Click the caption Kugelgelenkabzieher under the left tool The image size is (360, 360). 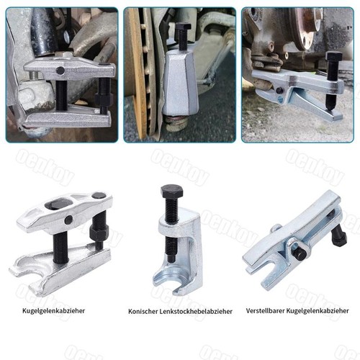pos(54,311)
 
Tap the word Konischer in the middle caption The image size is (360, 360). pos(143,312)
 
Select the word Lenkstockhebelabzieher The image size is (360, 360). pos(196,312)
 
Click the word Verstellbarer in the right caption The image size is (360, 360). pos(265,311)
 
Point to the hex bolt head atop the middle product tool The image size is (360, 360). pos(172,191)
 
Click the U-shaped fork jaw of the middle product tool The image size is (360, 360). pos(171,281)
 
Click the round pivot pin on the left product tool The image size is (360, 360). pos(68,220)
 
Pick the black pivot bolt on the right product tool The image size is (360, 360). pos(300,253)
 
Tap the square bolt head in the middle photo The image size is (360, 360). pos(183,27)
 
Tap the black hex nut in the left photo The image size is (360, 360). pos(104,99)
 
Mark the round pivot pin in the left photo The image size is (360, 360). pos(60,71)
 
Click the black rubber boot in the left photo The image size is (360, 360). pos(44,31)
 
